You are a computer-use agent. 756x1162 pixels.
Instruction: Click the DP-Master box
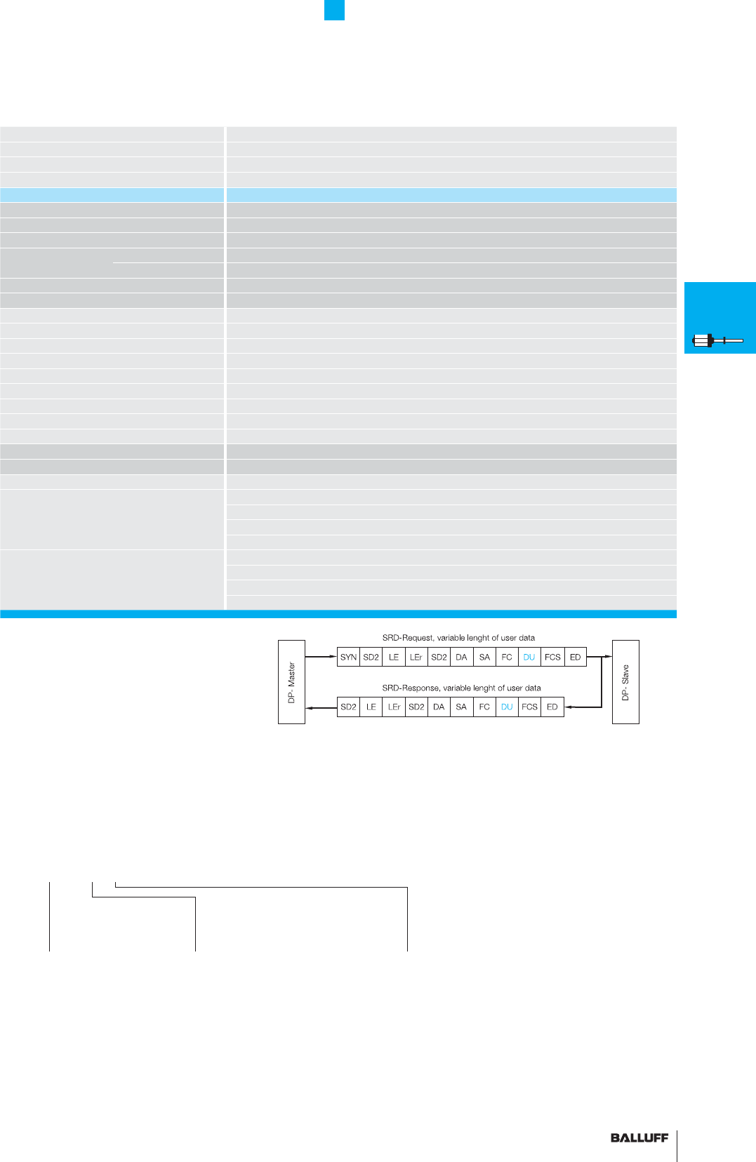click(x=291, y=681)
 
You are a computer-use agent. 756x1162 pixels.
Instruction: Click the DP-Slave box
click(x=625, y=681)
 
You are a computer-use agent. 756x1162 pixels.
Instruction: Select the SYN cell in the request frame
click(x=348, y=657)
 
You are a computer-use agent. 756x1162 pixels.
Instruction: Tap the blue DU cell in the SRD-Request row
click(x=529, y=657)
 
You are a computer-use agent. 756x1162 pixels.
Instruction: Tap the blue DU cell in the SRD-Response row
click(x=507, y=707)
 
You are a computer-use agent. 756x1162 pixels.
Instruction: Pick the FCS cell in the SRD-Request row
click(x=552, y=657)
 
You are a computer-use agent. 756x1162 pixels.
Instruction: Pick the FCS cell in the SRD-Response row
click(x=529, y=707)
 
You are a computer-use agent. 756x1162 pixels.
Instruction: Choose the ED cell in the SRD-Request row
click(x=575, y=657)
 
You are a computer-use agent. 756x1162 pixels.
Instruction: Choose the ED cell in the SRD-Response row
click(x=552, y=707)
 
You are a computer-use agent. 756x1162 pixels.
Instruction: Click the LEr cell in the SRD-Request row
click(x=416, y=657)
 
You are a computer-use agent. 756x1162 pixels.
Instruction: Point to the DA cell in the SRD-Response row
click(x=439, y=707)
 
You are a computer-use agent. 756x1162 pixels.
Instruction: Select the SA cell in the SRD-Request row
click(x=484, y=657)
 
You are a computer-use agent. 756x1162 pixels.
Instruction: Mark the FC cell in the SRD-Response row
click(x=484, y=707)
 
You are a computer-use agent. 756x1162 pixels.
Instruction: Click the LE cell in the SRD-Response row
click(x=371, y=707)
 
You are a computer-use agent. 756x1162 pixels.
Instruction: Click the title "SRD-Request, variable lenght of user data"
click(x=458, y=638)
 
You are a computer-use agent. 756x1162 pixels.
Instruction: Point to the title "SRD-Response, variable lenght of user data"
click(x=461, y=688)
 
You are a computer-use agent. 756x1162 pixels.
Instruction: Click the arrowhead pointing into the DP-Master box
click(x=310, y=707)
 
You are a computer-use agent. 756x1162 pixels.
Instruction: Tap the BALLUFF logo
click(x=639, y=1137)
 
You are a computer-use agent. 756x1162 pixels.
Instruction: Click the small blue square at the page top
click(x=334, y=10)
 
